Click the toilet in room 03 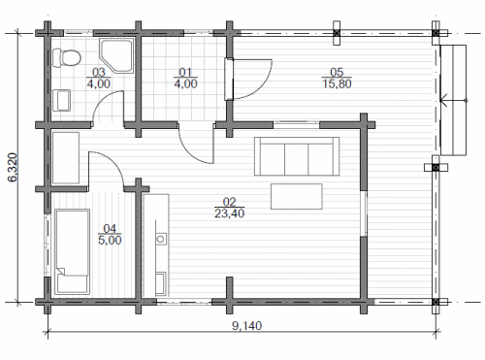[x=66, y=58]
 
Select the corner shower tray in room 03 [x=116, y=55]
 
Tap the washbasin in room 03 [x=61, y=100]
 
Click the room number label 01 [x=185, y=72]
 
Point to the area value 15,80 [x=337, y=83]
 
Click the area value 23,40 [x=230, y=213]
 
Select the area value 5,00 [x=110, y=240]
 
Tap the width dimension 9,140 [x=247, y=325]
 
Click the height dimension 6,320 [x=14, y=167]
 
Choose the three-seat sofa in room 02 [x=297, y=156]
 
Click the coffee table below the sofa [x=297, y=196]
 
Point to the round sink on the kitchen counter [x=161, y=239]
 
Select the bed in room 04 [x=73, y=251]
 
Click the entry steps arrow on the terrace [x=454, y=100]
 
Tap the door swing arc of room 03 [x=104, y=97]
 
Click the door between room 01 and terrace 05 [x=229, y=79]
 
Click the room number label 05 [x=337, y=72]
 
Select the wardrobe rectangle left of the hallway [x=66, y=157]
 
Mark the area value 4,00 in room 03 [x=99, y=83]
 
